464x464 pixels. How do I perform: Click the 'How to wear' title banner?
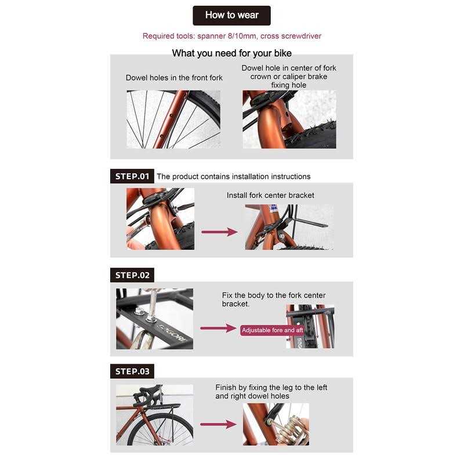point(231,16)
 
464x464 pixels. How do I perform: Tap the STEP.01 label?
point(132,176)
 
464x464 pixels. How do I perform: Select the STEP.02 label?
point(132,275)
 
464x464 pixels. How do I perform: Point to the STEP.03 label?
point(132,371)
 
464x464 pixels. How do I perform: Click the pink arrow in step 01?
point(219,232)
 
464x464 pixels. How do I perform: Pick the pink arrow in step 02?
point(219,328)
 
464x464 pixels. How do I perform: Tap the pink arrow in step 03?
point(219,425)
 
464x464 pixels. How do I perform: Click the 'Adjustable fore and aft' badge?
point(272,330)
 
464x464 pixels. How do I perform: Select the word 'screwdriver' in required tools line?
point(301,36)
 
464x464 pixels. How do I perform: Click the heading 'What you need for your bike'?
point(231,53)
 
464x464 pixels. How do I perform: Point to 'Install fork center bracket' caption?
point(270,195)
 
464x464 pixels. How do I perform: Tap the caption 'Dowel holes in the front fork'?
point(174,78)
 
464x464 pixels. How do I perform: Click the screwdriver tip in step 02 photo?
point(151,317)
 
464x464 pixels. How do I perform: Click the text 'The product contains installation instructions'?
point(234,177)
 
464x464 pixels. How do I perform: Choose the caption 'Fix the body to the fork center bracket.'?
point(274,299)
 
